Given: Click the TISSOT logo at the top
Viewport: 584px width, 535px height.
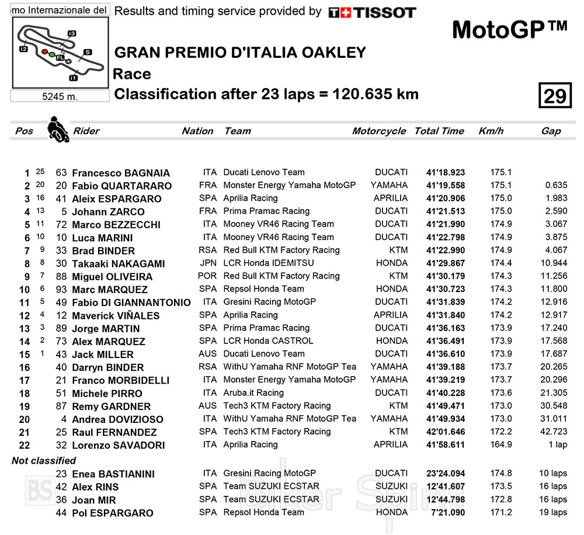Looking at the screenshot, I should pyautogui.click(x=372, y=12).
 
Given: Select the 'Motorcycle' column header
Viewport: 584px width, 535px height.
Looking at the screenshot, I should pyautogui.click(x=378, y=131).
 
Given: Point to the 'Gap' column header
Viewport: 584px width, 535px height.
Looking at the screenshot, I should pyautogui.click(x=551, y=131).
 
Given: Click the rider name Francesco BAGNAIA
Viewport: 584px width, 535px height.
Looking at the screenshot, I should pyautogui.click(x=120, y=173).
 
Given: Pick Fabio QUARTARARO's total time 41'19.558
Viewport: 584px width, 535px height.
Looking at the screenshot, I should pyautogui.click(x=445, y=186).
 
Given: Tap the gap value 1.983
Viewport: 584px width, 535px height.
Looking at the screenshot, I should pyautogui.click(x=556, y=199).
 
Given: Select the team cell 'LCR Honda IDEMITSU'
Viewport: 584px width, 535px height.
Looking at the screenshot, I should pyautogui.click(x=268, y=263).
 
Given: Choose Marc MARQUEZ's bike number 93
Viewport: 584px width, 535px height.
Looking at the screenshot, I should pyautogui.click(x=61, y=289).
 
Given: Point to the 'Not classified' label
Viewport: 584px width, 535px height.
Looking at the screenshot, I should pyautogui.click(x=44, y=461).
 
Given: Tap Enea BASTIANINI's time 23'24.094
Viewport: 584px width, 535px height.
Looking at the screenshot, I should pyautogui.click(x=445, y=474).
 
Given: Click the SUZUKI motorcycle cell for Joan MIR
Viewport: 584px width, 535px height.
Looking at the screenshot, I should pyautogui.click(x=391, y=499).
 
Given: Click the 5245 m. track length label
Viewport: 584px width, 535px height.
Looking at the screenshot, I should pyautogui.click(x=60, y=96).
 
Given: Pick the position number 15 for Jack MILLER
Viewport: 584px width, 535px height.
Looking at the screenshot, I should pyautogui.click(x=24, y=355).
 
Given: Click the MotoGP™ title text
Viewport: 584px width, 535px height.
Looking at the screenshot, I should pyautogui.click(x=509, y=30).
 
